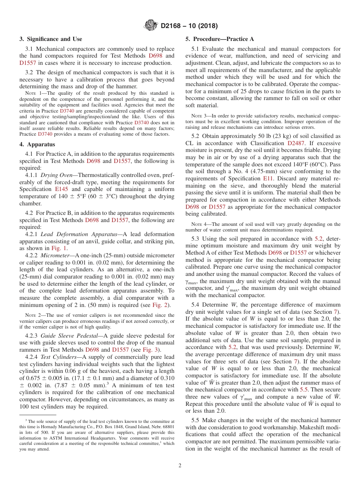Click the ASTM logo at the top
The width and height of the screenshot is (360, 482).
[x=151, y=26]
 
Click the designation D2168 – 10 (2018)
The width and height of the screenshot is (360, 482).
[x=189, y=26]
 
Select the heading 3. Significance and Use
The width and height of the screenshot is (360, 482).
[x=51, y=39]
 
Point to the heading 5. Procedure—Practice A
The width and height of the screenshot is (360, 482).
[x=219, y=39]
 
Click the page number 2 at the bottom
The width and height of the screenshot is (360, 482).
[x=180, y=465]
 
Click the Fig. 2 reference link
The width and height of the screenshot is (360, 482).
[x=159, y=305]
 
